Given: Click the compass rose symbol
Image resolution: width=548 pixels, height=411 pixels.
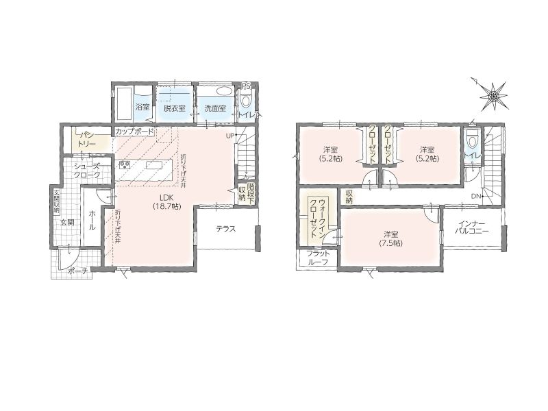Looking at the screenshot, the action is pos(493,95).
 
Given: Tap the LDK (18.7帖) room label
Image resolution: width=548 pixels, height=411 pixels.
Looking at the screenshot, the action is pos(166,201).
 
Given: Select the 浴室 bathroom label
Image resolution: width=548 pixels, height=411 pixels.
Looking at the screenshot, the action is pos(142,108).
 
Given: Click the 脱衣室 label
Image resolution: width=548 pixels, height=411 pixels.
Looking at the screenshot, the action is pos(175,108).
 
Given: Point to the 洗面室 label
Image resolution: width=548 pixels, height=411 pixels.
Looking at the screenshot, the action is pos(215,108).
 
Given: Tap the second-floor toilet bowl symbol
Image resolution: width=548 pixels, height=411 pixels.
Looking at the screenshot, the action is pos(473,140).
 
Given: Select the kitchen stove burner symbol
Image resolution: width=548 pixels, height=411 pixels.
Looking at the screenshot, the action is pos(125,164).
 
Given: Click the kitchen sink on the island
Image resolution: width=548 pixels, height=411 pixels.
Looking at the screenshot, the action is pos(153,165).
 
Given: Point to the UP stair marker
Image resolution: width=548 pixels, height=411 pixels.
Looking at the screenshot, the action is pos(229,135).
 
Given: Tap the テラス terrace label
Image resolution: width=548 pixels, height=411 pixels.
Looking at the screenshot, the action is pos(226,229).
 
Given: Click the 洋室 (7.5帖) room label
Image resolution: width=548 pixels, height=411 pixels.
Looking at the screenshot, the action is pos(390,238).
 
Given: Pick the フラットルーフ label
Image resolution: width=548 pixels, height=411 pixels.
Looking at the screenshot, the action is pos(318,258).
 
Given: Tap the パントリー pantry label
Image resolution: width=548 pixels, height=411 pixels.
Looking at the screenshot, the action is pos(86,139).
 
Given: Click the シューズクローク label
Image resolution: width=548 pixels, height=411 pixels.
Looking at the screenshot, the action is pos(87,171).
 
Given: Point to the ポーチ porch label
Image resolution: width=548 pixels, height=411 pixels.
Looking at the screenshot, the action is pos(77,271).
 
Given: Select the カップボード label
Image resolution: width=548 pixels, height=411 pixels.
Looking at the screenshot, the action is pos(134,132).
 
